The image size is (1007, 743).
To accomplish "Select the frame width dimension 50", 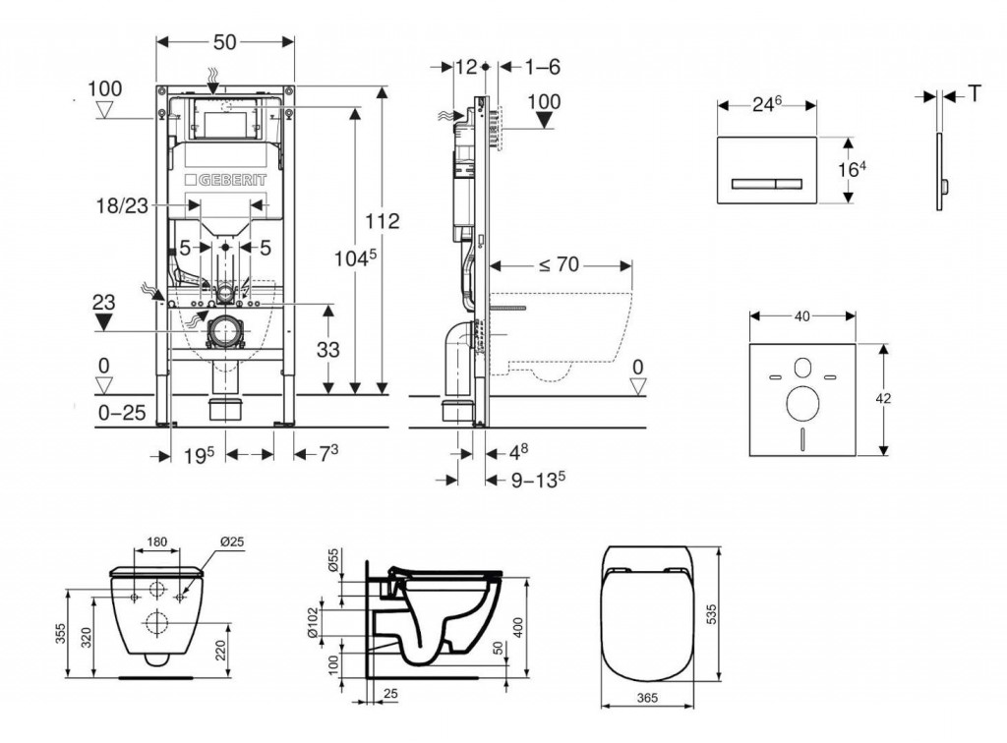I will pos(225,41).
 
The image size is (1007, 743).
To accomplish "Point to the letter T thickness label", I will pos(976,93).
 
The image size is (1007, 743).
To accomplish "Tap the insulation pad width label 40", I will pos(801,316).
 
